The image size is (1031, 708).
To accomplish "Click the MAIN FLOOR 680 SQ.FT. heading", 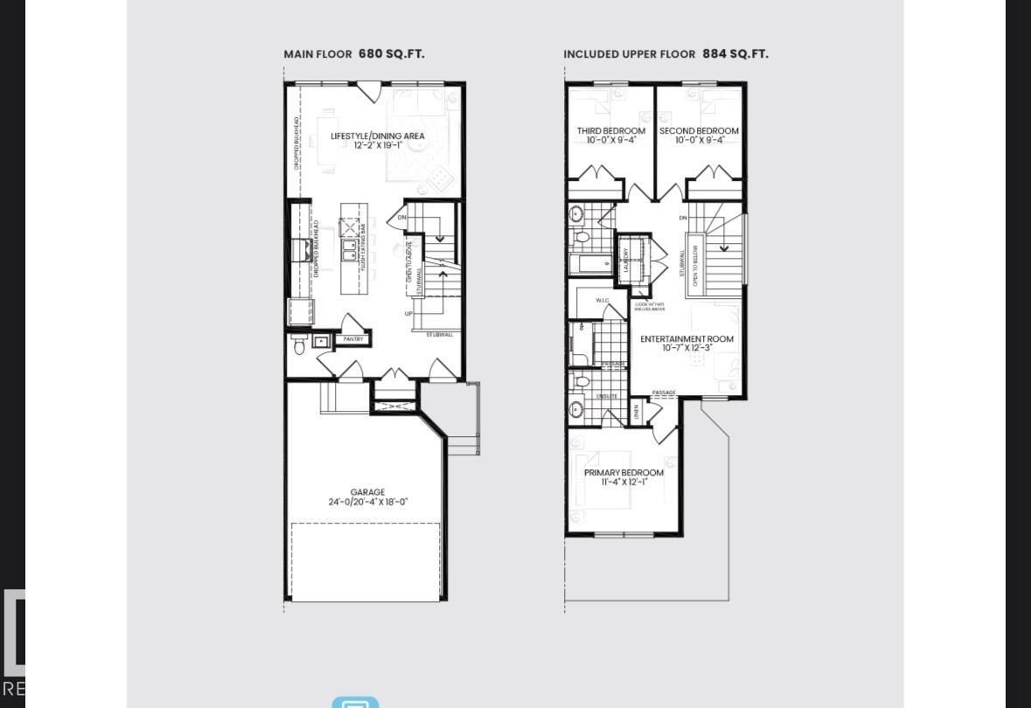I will click(354, 54).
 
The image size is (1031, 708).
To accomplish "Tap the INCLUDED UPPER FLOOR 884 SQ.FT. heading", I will click(665, 54).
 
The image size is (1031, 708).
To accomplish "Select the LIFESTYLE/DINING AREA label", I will click(378, 136).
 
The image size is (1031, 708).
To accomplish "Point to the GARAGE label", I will click(367, 492).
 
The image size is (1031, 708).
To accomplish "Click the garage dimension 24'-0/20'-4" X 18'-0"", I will click(368, 503).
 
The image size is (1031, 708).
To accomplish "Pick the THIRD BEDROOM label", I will click(610, 131).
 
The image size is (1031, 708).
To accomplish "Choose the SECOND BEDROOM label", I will click(699, 131).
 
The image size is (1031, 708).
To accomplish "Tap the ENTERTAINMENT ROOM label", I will click(686, 338).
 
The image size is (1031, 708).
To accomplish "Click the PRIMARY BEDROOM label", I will click(623, 473).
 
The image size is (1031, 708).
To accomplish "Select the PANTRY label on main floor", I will click(353, 339).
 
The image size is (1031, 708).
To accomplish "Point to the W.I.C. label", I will click(603, 301).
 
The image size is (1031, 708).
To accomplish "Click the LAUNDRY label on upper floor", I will click(626, 260).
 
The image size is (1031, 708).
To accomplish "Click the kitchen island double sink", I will click(349, 253).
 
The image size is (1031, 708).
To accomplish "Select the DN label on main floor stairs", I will click(402, 218).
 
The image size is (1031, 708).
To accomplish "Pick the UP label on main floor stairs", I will click(408, 313).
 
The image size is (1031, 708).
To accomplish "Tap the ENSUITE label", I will click(607, 396).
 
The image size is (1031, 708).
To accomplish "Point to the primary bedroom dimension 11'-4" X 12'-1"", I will click(623, 482).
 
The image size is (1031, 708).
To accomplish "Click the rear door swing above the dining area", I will click(368, 91).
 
